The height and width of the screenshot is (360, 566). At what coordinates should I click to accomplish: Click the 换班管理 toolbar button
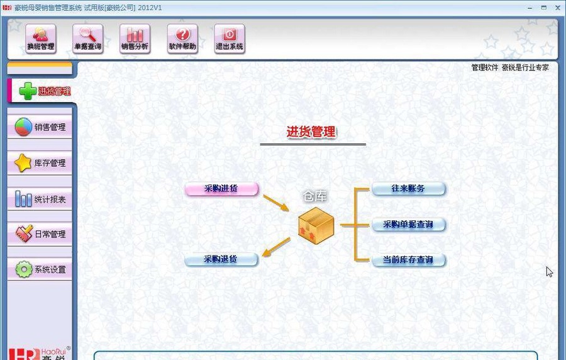tap(41, 38)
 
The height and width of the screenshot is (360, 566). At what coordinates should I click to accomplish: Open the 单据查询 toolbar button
tap(88, 38)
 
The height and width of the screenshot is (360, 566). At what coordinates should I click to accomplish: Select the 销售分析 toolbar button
tap(135, 38)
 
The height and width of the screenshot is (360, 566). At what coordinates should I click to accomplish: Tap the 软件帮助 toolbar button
tap(182, 38)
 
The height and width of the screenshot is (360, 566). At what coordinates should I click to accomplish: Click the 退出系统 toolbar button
tap(230, 38)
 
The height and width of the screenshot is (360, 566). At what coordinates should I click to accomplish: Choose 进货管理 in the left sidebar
tap(42, 91)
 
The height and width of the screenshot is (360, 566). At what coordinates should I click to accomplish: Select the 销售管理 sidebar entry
tap(41, 127)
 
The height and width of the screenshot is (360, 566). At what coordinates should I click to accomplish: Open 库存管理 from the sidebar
tap(41, 163)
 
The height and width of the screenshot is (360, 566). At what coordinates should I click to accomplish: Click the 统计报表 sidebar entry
tap(41, 200)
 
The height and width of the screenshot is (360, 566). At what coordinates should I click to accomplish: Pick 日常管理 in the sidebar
tap(41, 234)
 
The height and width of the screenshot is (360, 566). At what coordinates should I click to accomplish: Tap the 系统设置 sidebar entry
tap(41, 269)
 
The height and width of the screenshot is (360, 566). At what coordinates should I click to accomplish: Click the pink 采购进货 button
tap(221, 189)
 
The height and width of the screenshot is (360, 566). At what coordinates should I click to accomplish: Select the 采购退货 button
tap(221, 259)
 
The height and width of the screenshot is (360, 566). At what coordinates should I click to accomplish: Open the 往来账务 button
tap(408, 189)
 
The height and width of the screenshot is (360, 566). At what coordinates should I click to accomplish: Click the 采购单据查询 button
tap(408, 224)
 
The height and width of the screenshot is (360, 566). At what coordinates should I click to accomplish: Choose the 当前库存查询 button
tap(408, 259)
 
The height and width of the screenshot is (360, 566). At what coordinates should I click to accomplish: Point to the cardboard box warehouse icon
tap(316, 225)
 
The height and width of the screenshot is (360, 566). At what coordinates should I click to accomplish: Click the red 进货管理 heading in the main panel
tap(311, 132)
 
